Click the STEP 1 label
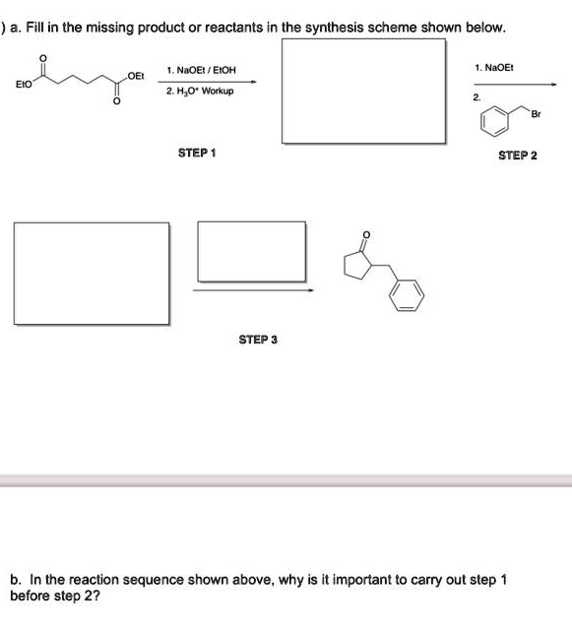(x=197, y=154)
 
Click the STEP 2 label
(x=517, y=156)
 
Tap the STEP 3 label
(x=258, y=340)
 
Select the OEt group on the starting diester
(x=136, y=76)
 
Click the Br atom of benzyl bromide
(x=535, y=114)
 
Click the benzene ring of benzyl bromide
(x=495, y=123)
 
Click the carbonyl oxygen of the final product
(x=368, y=234)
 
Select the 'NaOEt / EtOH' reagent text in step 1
(x=201, y=70)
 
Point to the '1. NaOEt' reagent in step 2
(x=494, y=68)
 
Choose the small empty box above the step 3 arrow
(x=251, y=251)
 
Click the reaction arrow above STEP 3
(x=253, y=290)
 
